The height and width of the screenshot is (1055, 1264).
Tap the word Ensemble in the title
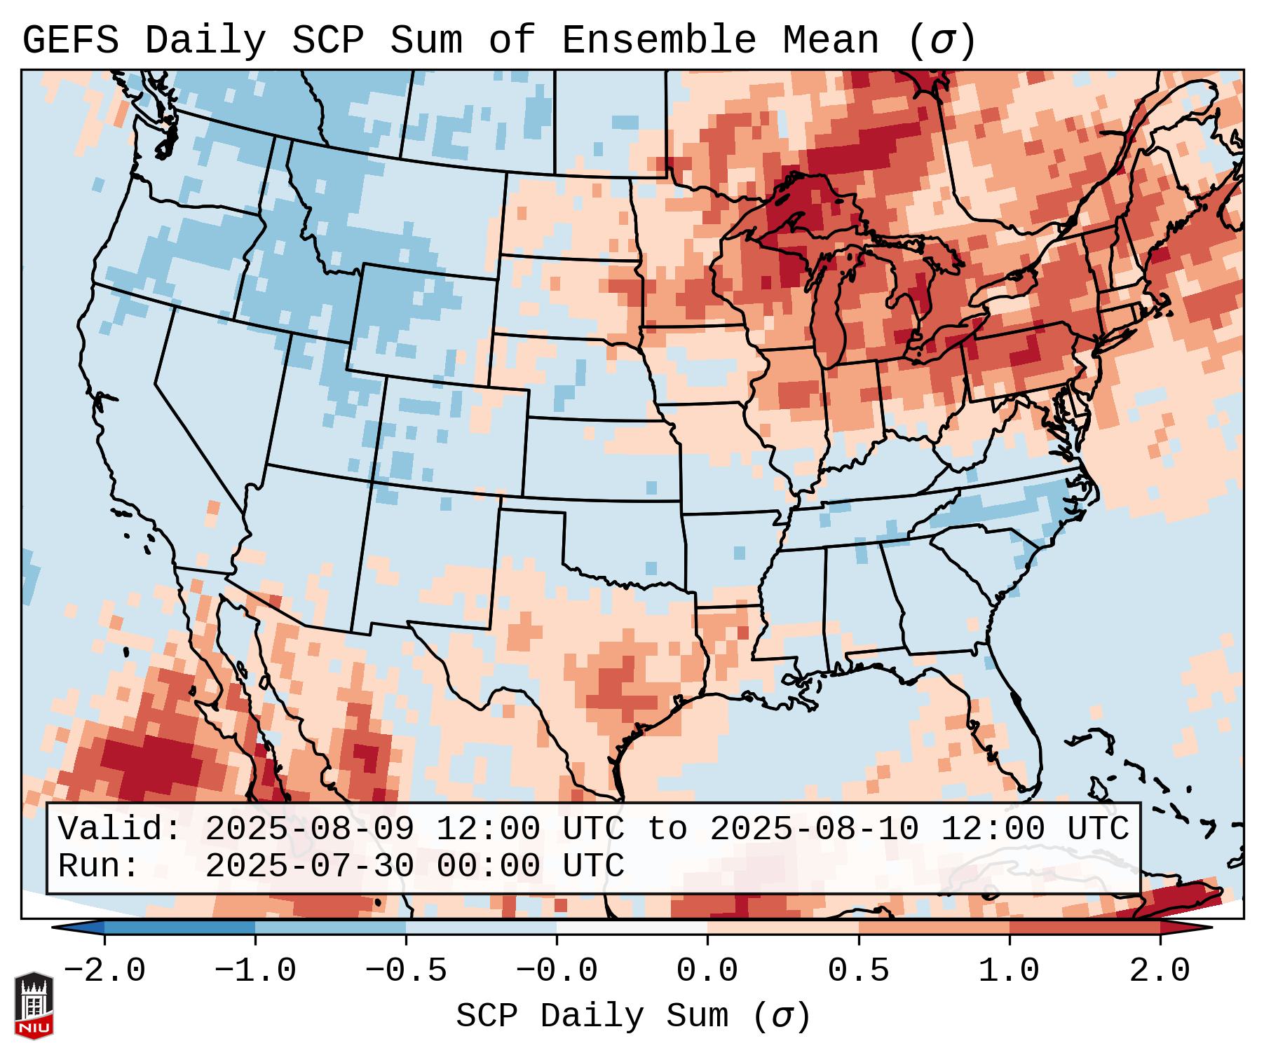point(659,41)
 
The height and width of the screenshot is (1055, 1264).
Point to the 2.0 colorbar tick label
point(1160,971)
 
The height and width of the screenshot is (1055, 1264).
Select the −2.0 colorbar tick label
point(104,971)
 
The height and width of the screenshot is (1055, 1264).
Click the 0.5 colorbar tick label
point(858,971)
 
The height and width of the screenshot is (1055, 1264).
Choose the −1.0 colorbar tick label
point(254,971)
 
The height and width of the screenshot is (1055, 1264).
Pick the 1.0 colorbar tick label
point(1009,971)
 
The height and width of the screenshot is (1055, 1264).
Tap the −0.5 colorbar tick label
point(406,971)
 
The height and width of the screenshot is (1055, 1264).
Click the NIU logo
point(34,1005)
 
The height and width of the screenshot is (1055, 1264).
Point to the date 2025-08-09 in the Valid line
point(310,829)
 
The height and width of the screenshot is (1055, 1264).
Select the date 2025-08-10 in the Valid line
point(815,829)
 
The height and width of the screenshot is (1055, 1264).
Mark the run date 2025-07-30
point(310,866)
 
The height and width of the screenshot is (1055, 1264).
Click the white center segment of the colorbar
point(632,928)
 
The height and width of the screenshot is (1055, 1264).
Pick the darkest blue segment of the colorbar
point(179,928)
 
